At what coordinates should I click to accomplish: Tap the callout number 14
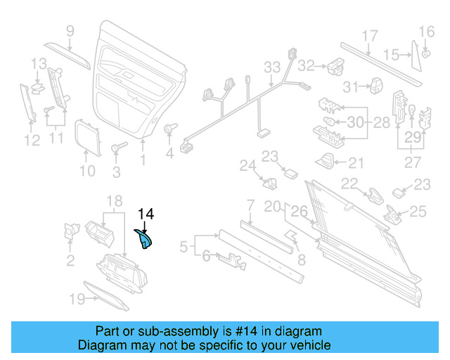click(146, 214)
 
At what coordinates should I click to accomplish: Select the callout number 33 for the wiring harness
click(272, 67)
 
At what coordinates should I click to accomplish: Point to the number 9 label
click(70, 30)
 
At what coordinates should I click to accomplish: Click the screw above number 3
click(117, 148)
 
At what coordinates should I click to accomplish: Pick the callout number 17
click(370, 36)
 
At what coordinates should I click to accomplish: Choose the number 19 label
click(75, 299)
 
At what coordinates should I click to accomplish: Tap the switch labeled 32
click(333, 65)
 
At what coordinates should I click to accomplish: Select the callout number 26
click(299, 210)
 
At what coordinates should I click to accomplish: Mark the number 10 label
click(86, 170)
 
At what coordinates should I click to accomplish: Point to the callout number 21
click(356, 163)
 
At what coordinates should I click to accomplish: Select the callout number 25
click(418, 211)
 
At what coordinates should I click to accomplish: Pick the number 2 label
click(70, 262)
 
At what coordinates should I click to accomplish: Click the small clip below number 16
click(427, 53)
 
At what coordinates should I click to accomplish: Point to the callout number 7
click(250, 205)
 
